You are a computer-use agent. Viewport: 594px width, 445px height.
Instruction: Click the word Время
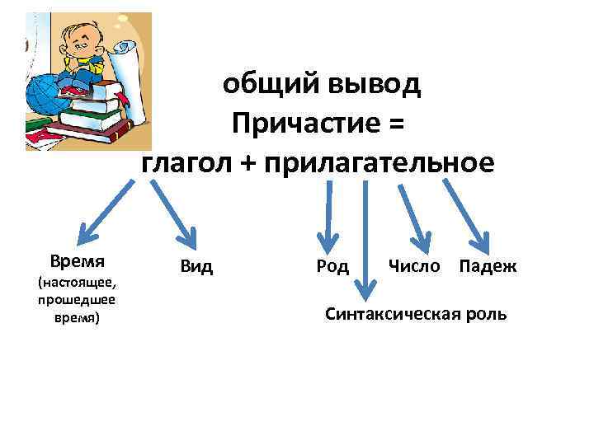[x=77, y=262]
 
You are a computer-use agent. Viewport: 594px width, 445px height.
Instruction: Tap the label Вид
[x=196, y=266]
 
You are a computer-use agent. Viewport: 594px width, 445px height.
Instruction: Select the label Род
[x=332, y=266]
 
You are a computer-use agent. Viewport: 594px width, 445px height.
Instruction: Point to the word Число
[x=414, y=266]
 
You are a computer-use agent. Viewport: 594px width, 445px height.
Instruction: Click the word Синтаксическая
[x=395, y=314]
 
